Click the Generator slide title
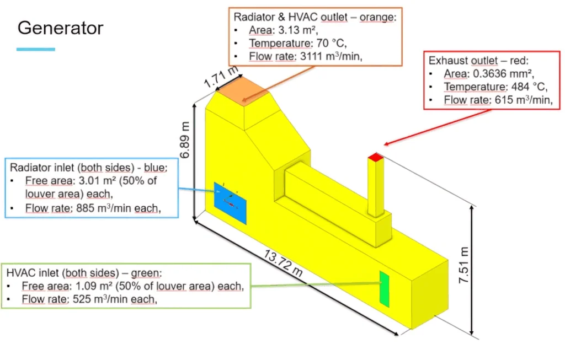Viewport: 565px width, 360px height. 61,28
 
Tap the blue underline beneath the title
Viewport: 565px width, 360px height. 36,49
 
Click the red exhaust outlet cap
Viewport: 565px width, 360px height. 375,157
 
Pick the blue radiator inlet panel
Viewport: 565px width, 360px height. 230,203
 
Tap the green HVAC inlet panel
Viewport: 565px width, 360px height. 385,289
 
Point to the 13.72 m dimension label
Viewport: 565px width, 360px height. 283,264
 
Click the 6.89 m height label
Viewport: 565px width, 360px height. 184,140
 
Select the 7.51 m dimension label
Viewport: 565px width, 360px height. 463,265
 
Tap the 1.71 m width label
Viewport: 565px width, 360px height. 221,77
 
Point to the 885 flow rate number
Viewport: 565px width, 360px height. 86,208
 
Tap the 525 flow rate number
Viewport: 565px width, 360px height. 82,299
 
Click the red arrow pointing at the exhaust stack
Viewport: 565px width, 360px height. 438,127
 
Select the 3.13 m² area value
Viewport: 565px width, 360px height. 298,30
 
